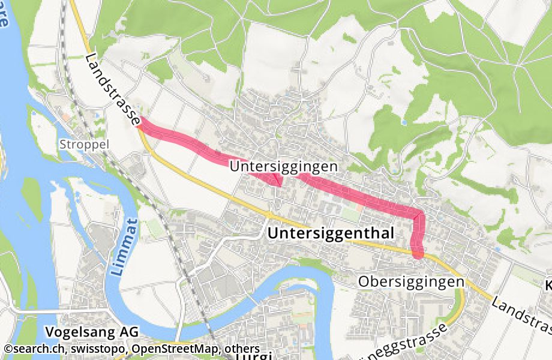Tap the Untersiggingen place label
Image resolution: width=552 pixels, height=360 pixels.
284,166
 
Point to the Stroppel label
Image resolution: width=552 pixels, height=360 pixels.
84,145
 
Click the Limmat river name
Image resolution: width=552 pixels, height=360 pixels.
122,253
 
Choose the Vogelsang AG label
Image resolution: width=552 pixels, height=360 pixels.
92,332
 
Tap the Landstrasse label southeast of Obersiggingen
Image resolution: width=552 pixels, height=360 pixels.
521,314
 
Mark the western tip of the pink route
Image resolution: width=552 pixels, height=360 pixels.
140,122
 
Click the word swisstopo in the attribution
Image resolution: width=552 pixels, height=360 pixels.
99,349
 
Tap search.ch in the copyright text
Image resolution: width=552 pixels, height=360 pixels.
37,349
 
